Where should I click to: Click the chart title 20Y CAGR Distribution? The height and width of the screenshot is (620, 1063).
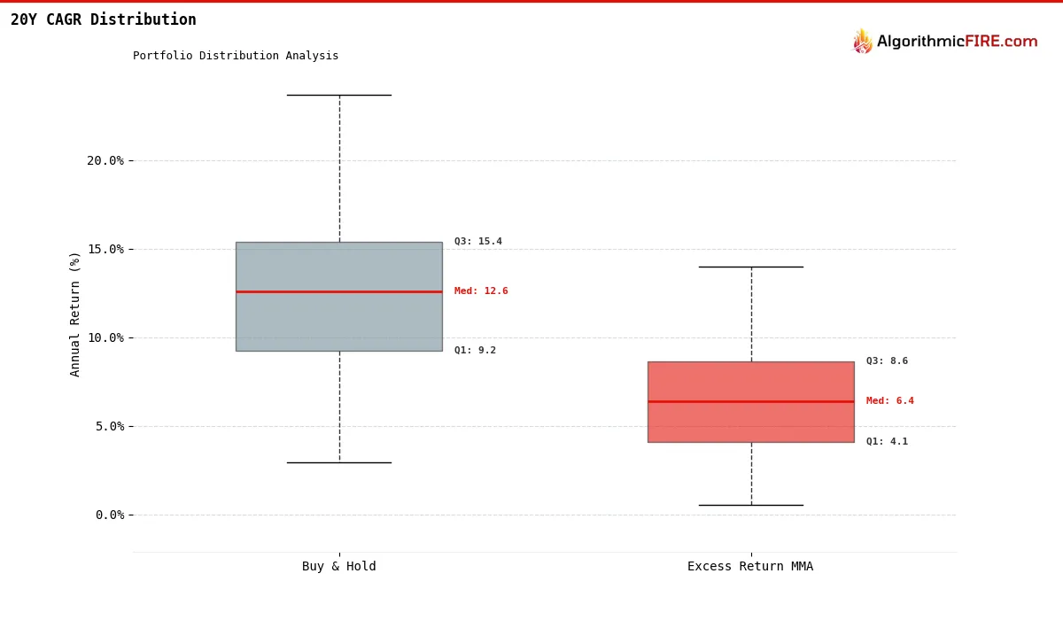pyautogui.click(x=104, y=19)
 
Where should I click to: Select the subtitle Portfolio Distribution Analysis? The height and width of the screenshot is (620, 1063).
pyautogui.click(x=236, y=56)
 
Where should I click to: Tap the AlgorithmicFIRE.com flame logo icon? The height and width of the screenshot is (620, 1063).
pyautogui.click(x=862, y=41)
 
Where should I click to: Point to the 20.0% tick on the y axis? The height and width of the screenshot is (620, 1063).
pyautogui.click(x=105, y=161)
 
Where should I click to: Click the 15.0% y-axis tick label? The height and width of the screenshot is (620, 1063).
pyautogui.click(x=105, y=250)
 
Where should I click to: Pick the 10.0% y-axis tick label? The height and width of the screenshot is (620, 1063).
pyautogui.click(x=105, y=337)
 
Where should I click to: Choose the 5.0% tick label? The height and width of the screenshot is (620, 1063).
pyautogui.click(x=110, y=426)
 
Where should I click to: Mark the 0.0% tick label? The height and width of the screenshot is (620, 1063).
pyautogui.click(x=110, y=515)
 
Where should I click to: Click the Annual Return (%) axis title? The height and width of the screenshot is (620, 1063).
pyautogui.click(x=74, y=314)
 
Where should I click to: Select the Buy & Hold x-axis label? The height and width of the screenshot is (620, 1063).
pyautogui.click(x=338, y=566)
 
